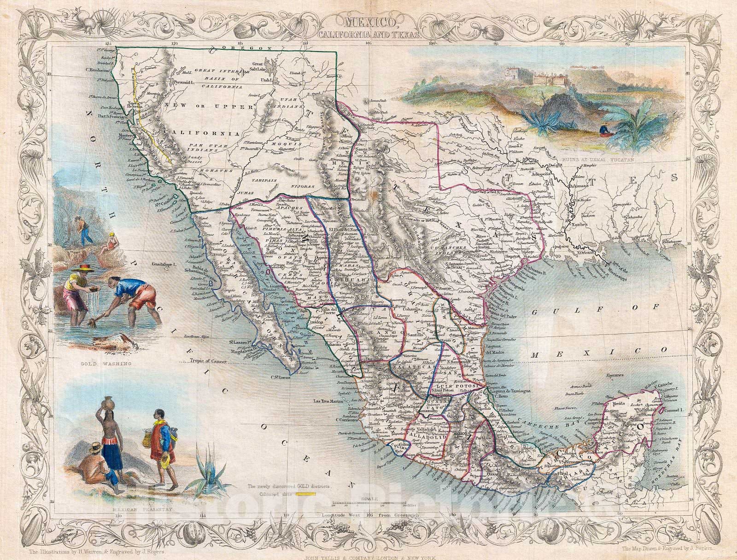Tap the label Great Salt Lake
click(x=263, y=67)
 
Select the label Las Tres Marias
click(x=322, y=399)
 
